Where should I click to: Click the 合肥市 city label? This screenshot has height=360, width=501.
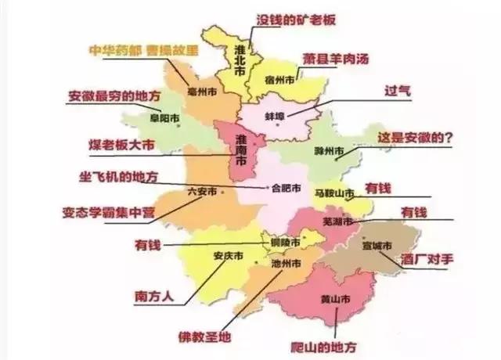point(285,188)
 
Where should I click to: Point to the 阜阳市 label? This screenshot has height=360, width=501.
point(164,118)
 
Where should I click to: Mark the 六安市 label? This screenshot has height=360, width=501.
point(201,191)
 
